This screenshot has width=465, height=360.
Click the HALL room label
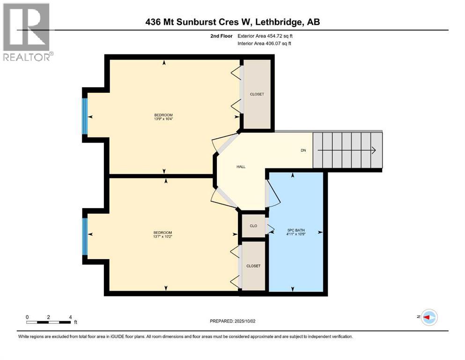point(241,166)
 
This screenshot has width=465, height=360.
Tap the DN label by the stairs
point(303,150)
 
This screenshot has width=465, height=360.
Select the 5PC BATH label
point(296,230)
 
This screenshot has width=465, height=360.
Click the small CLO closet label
point(253,226)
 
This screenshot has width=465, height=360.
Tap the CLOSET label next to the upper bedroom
point(257,94)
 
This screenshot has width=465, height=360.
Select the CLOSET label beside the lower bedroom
point(253,266)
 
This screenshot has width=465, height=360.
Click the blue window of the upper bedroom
point(85,116)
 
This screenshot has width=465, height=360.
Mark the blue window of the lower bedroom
point(85,237)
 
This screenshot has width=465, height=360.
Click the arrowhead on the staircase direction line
point(374,150)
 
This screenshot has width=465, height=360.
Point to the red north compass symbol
point(428,317)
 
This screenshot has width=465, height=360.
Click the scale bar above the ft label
point(49,322)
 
